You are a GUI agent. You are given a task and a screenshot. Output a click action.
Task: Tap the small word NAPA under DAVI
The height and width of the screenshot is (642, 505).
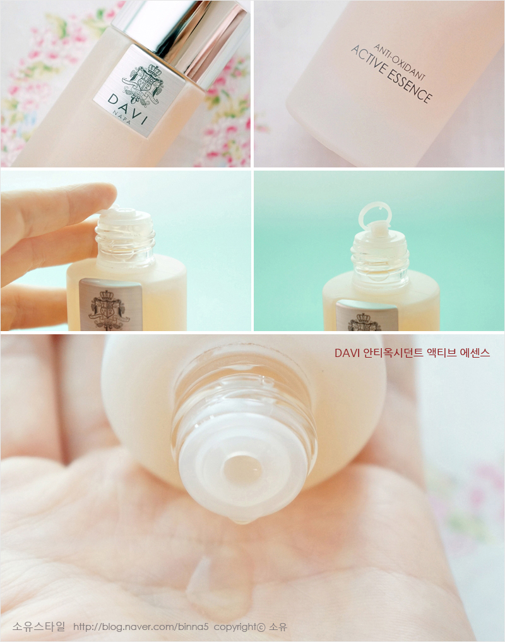tap(121, 117)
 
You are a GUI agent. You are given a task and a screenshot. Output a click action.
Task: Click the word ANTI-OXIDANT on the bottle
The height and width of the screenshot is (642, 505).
tap(399, 61)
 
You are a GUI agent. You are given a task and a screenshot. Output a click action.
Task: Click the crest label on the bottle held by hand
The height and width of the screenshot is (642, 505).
tap(110, 305)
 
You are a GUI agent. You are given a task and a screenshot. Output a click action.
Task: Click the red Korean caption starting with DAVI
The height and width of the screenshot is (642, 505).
tap(412, 353)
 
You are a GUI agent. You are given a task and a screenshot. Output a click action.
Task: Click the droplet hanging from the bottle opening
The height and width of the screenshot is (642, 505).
tap(244, 519)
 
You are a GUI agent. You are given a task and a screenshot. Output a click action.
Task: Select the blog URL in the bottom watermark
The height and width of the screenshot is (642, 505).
tap(141, 626)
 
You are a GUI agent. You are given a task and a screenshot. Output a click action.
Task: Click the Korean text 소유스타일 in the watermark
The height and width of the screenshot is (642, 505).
tap(39, 626)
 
